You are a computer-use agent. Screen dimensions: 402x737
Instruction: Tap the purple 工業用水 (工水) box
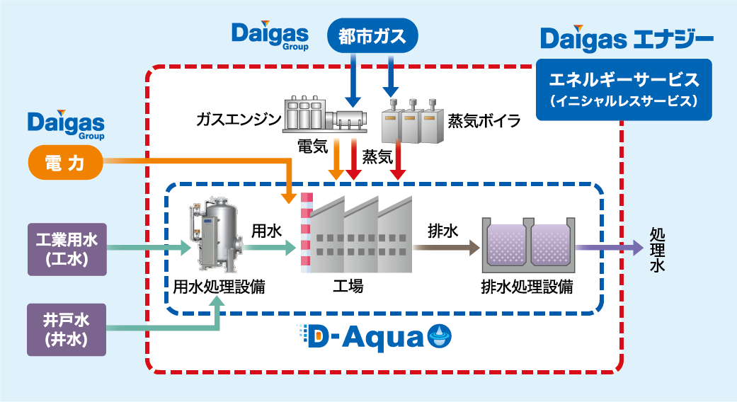point(67,249)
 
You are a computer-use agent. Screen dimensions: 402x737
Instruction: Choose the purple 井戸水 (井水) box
point(67,330)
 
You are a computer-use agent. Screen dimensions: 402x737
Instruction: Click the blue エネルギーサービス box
point(624,89)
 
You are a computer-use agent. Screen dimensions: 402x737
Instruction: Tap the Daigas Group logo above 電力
point(66,125)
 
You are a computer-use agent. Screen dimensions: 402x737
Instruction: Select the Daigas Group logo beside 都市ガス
point(270,35)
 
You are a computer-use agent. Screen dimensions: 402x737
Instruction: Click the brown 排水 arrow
point(445,248)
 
